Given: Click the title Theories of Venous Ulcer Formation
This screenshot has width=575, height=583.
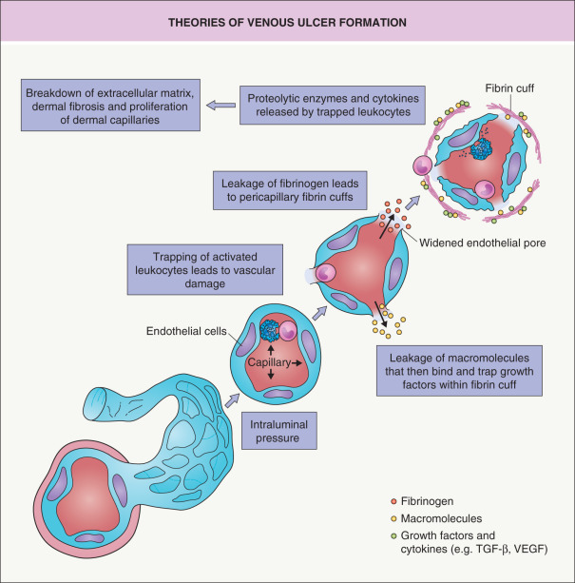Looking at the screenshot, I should coord(287,21).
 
